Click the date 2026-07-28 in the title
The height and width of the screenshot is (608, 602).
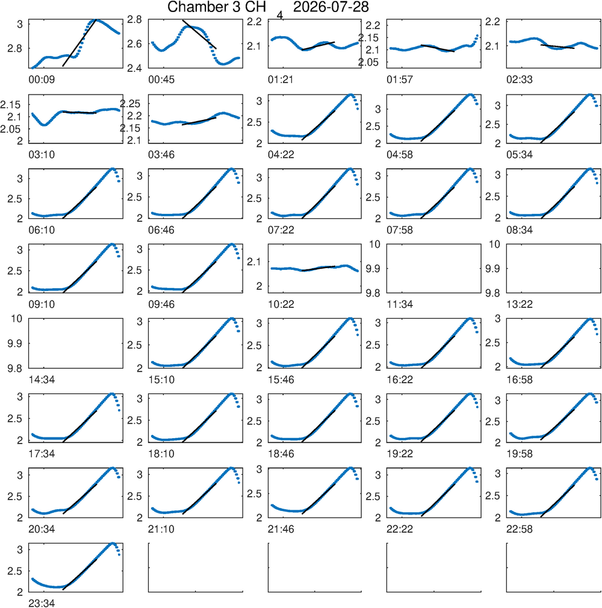coord(331,7)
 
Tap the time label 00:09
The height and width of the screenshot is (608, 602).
coord(42,80)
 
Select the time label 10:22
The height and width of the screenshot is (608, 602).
coord(281,304)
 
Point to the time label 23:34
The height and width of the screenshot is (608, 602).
coord(42,603)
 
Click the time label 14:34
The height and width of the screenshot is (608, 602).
coord(42,380)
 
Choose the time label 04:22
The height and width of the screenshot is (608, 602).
coord(281,155)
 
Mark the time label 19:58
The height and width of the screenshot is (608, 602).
coord(520,454)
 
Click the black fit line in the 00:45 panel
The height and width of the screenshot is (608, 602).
coord(199,34)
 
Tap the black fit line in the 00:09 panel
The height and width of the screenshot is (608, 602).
coord(79,43)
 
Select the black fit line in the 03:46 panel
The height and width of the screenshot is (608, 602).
coord(199,121)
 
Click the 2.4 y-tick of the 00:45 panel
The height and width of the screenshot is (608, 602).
coord(135,68)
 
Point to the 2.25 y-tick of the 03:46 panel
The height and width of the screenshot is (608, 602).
coord(130,104)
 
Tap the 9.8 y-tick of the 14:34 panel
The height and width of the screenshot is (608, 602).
coord(14,368)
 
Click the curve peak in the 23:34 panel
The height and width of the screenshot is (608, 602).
coord(113,544)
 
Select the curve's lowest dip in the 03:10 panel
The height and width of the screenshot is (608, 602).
coord(44,125)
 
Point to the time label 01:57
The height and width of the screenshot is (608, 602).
coord(400,80)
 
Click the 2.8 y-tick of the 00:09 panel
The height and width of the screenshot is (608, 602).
coord(14,49)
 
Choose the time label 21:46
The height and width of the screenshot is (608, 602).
coord(281,529)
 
